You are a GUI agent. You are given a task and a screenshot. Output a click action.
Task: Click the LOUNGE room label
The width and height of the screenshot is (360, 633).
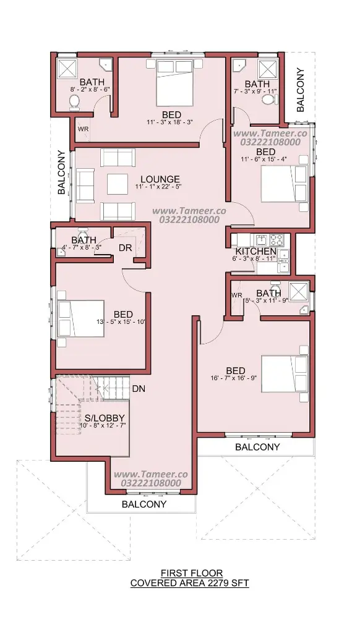[x=160, y=179]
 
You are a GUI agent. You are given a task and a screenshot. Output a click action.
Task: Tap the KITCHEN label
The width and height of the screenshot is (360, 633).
[x=255, y=252]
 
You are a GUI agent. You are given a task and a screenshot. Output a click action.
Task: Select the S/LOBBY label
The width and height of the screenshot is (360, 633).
[x=105, y=418]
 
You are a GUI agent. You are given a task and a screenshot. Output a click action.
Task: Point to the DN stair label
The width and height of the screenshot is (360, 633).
[x=139, y=389]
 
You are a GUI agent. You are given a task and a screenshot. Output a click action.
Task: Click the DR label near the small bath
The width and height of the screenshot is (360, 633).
[x=126, y=248]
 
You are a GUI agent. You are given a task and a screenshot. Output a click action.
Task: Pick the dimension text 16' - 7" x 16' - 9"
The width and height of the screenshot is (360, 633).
[x=234, y=378]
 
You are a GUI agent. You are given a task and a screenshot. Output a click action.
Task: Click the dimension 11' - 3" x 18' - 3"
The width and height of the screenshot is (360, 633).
[x=171, y=122]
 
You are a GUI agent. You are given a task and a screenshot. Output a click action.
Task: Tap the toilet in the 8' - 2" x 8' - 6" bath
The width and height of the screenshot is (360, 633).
[x=75, y=102]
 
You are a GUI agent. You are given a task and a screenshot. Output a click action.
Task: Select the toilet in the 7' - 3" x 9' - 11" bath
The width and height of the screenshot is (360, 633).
[x=268, y=99]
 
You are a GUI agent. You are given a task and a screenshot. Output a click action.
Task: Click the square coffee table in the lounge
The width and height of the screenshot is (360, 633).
[x=118, y=184]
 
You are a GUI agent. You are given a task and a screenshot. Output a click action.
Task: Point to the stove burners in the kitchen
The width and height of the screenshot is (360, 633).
[x=277, y=240]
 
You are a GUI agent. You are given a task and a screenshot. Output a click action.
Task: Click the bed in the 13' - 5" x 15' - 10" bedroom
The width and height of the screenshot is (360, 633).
[x=81, y=318]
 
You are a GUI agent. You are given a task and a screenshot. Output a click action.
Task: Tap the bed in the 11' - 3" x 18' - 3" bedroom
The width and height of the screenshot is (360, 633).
[x=174, y=83]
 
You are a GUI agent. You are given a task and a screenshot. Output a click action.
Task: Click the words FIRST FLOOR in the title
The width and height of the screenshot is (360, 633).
[x=192, y=572]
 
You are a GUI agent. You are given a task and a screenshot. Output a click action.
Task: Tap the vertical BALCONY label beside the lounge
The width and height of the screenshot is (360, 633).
[x=61, y=172]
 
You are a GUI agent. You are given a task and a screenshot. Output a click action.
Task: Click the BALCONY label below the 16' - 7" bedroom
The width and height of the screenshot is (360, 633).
[x=257, y=447]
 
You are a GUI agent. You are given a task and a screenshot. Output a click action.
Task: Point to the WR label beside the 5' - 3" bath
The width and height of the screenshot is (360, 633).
[x=237, y=295]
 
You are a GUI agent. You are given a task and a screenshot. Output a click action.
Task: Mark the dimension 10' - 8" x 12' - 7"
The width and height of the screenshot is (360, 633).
[x=103, y=425]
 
